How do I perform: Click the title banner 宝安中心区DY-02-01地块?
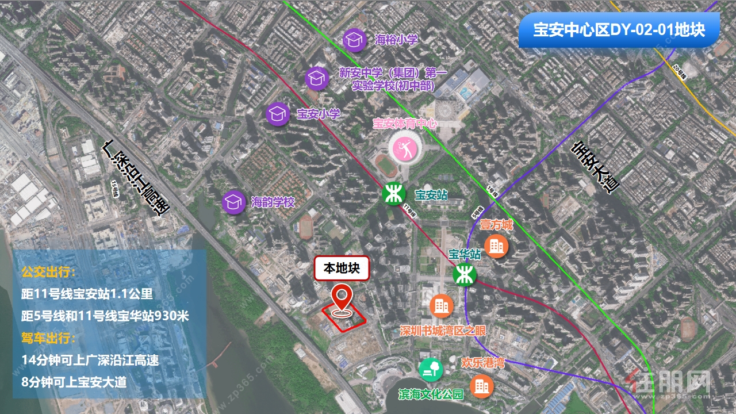pos(619,30)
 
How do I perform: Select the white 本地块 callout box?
pos(341,269)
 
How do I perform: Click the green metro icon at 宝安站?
pos(394,194)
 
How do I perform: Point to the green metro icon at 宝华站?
pos(463,275)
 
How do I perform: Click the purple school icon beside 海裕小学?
pos(355,40)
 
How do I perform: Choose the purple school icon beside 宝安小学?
pos(278,114)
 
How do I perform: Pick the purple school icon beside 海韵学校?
pos(234,202)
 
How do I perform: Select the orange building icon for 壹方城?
pos(496,246)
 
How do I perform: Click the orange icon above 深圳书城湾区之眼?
pos(442,306)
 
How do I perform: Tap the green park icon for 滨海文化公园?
pos(431,369)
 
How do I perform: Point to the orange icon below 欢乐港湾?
pos(482,386)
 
